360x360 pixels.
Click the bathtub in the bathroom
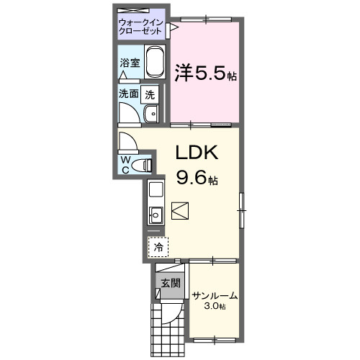coord(155,65)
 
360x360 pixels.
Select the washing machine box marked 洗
coord(149,93)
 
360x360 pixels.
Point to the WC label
coord(126,163)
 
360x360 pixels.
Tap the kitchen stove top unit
coord(156,191)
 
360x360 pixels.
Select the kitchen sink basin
coord(156,215)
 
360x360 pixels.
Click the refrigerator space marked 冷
coord(158,246)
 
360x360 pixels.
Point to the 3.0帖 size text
coord(215,307)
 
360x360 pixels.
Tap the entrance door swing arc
coord(171,313)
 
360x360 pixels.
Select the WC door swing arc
coord(128,141)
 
